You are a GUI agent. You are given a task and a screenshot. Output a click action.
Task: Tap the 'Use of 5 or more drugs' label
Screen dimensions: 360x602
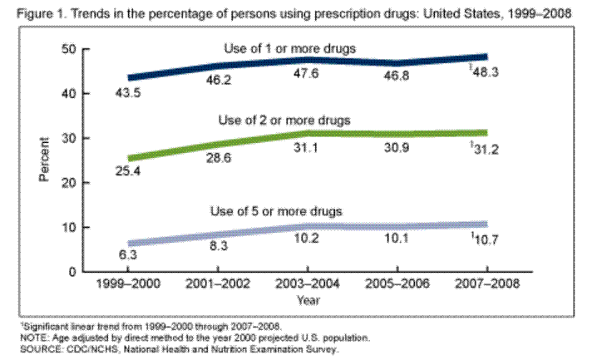tap(290, 210)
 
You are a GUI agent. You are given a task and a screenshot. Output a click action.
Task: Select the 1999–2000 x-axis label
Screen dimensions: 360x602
tap(129, 284)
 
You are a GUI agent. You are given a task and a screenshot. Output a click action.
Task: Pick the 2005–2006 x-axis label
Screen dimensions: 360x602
tap(394, 284)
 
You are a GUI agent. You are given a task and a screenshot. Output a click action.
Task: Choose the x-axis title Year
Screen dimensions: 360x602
tap(308, 299)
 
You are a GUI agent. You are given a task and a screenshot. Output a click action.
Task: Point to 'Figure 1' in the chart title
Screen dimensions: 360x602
tap(27, 14)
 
